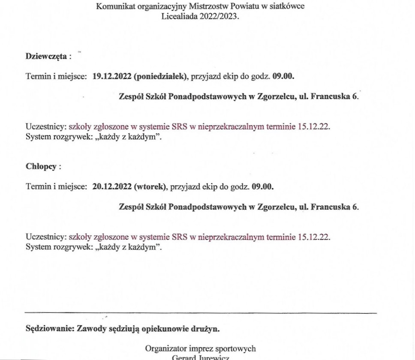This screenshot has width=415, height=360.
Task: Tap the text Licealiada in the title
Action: tap(178, 16)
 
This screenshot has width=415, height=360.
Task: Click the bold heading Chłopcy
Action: tap(41, 167)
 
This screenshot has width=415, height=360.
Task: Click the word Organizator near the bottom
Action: tap(164, 348)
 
